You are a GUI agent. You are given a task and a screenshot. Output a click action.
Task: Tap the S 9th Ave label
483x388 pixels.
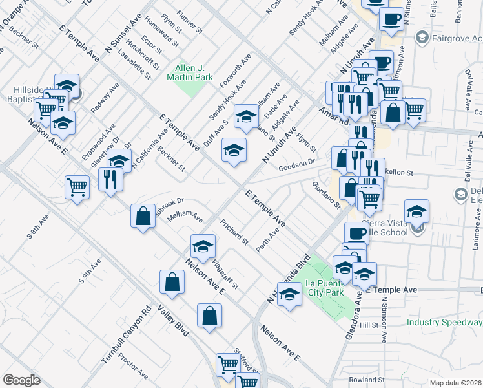coord(90,272)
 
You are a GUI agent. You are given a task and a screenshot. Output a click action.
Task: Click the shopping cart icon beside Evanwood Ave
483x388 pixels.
coord(77,188)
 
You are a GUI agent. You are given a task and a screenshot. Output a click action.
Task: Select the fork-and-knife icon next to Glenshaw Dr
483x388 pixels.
coord(111,178)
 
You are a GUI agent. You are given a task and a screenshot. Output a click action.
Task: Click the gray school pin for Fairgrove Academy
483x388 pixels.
coord(422,38)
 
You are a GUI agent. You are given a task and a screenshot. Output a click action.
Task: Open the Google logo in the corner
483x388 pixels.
coord(21,380)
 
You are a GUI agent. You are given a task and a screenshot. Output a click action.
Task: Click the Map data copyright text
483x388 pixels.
coord(456,383)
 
